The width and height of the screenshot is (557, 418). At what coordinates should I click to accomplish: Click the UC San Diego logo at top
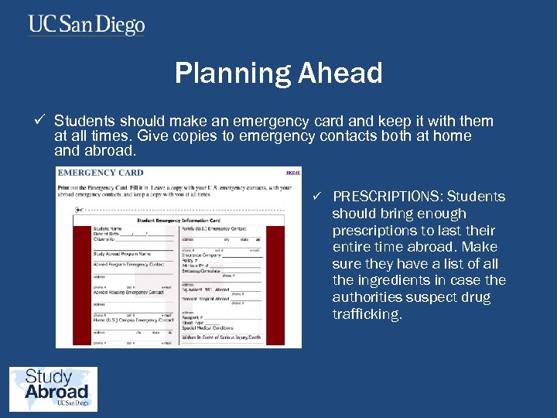(x=87, y=25)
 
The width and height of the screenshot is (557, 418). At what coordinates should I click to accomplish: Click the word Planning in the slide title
(x=222, y=74)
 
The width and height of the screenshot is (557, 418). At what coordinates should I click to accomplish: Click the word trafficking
(x=367, y=314)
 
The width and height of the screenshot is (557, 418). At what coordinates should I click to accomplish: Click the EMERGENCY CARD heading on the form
(x=101, y=173)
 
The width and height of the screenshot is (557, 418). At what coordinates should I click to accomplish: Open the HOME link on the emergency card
(x=292, y=173)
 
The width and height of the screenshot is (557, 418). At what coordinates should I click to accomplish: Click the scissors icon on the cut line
(x=78, y=210)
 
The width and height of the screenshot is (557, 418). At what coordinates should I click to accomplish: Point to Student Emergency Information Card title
(x=179, y=221)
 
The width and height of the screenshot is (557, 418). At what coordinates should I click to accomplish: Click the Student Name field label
(x=108, y=228)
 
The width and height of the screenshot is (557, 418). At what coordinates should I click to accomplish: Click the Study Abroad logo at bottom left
(x=53, y=389)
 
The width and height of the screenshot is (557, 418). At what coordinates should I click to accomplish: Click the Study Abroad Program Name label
(x=122, y=253)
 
